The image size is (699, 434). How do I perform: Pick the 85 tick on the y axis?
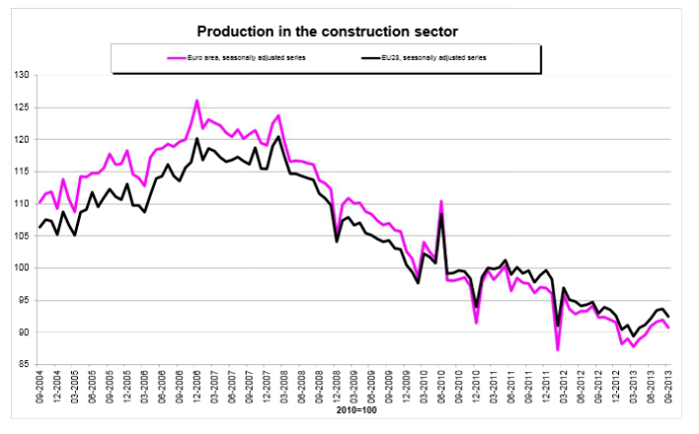pos(22,365)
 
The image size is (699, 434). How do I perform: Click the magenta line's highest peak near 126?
pos(197,101)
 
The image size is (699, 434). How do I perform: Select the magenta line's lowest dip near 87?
pos(557,349)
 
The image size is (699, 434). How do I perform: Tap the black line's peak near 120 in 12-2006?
pos(197,139)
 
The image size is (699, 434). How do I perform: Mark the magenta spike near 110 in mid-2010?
pos(441,202)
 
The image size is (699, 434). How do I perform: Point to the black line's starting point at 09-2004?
pos(40,227)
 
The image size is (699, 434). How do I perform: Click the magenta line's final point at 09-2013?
pos(668,327)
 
